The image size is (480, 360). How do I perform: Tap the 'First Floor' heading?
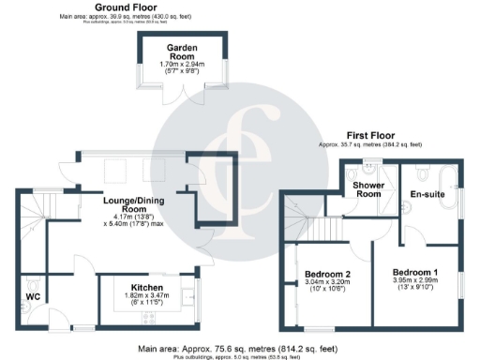tap(369, 135)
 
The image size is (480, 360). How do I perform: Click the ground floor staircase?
tap(33, 220)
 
